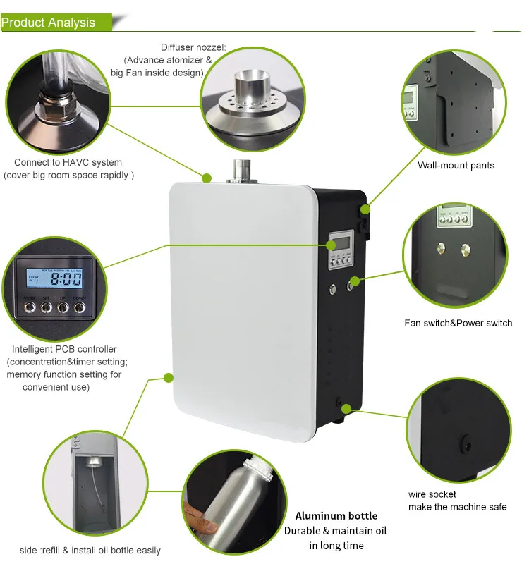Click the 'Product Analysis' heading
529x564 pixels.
48,23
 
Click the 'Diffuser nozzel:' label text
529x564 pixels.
193,47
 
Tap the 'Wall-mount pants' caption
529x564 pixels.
456,166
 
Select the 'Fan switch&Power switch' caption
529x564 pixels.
458,323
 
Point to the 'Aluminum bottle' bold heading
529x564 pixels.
336,516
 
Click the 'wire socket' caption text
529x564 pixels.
432,494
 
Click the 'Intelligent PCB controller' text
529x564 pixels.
64,349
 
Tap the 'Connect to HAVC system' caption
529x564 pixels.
68,163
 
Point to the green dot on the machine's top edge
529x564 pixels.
207,177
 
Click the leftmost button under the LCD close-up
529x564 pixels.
30,308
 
